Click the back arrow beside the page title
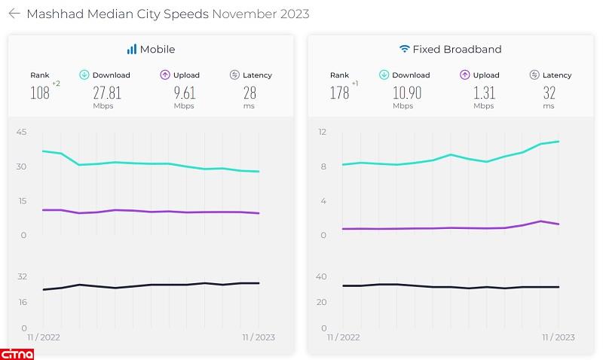click(x=14, y=14)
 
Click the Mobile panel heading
click(x=158, y=50)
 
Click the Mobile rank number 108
click(x=40, y=93)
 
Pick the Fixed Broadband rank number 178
click(x=340, y=93)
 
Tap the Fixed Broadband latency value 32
click(x=549, y=93)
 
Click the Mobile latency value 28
click(x=249, y=93)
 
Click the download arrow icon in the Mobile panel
click(x=85, y=75)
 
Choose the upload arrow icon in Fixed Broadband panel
click(x=464, y=75)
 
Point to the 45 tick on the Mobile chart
click(x=21, y=133)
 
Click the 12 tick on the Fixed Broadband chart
click(x=322, y=133)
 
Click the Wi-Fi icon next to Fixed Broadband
click(x=405, y=50)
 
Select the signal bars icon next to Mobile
click(x=132, y=50)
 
